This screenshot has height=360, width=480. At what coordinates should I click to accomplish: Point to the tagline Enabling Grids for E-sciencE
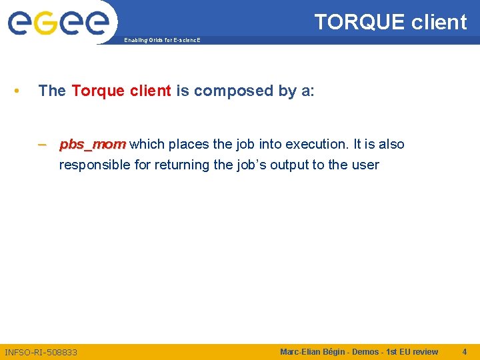pos(161,41)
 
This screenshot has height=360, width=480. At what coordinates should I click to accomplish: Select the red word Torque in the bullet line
pos(97,91)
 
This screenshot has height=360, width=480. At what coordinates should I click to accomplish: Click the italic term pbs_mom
pos(92,145)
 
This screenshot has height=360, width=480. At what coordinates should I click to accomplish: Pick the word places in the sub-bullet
pos(189,145)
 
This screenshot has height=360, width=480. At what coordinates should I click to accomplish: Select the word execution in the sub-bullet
pos(315,145)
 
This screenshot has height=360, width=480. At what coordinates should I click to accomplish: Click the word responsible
pos(95,165)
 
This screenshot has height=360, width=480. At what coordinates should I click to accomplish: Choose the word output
pos(289,165)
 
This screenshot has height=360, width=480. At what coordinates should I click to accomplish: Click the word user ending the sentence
pos(365,165)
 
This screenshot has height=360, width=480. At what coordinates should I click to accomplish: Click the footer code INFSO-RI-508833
pos(41,352)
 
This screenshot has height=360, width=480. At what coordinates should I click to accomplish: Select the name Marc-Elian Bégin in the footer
pos(313,351)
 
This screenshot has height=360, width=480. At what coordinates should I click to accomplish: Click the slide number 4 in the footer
pos(465,351)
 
